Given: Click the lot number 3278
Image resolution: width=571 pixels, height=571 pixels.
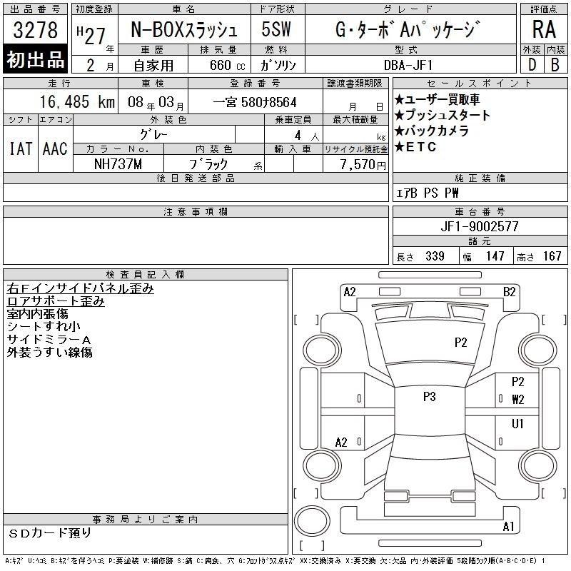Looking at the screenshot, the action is [35, 29].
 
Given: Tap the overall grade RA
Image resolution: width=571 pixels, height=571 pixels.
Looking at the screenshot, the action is [544, 29].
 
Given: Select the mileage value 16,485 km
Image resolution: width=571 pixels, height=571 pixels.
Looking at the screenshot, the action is [77, 102].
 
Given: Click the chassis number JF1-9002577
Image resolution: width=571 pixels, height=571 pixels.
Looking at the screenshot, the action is [480, 226].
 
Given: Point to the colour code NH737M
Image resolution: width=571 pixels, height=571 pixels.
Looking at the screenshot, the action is [118, 164].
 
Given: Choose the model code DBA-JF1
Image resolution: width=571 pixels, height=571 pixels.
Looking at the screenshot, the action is [408, 65].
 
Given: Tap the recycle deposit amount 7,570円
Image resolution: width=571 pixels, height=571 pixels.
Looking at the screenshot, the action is [363, 165].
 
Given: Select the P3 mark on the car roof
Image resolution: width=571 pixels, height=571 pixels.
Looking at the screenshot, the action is [430, 397].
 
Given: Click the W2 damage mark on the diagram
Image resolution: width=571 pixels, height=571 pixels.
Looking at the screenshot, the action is [518, 400].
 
